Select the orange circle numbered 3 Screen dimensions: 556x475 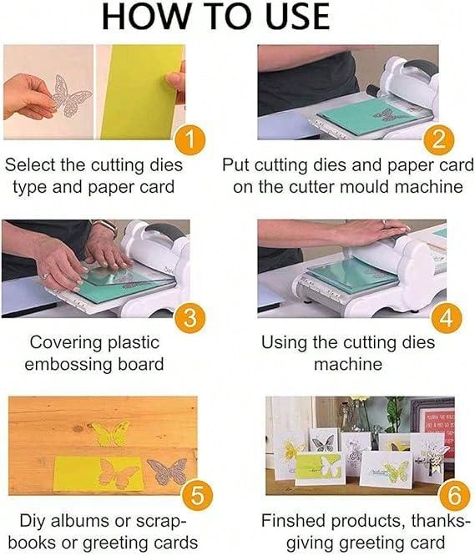(x=191, y=318)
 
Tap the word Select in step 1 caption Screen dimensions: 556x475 (x=30, y=164)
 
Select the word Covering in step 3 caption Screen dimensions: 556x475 (x=65, y=342)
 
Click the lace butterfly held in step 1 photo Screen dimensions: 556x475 (x=68, y=95)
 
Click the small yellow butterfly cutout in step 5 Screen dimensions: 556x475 (x=109, y=433)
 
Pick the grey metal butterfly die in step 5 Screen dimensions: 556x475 (x=168, y=472)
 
